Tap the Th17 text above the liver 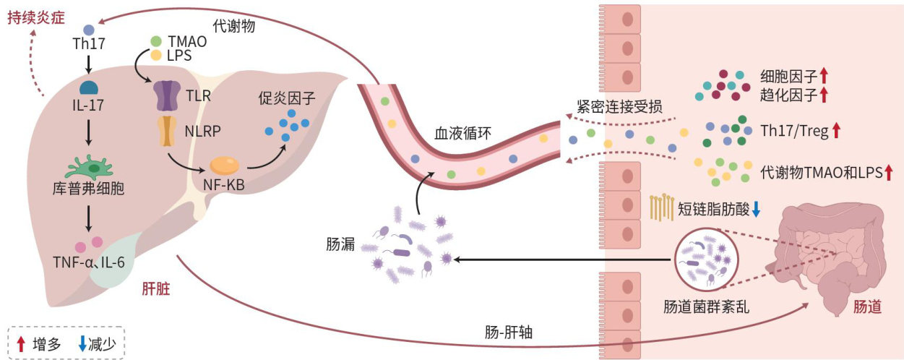(x=89, y=43)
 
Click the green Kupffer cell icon (x=89, y=167)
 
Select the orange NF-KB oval (x=225, y=166)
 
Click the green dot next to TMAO (x=156, y=41)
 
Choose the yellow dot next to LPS (x=156, y=54)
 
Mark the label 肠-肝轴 (x=509, y=333)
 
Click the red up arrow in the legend (x=22, y=343)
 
